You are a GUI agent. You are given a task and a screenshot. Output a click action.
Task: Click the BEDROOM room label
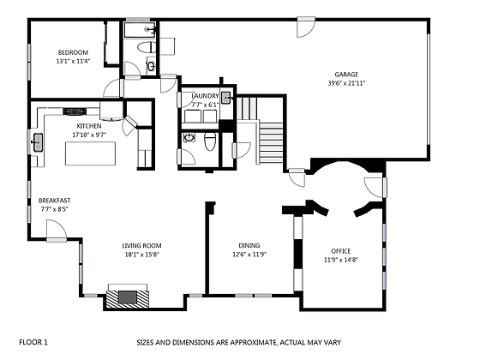point(73,51)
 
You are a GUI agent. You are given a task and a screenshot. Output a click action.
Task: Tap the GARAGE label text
point(347,74)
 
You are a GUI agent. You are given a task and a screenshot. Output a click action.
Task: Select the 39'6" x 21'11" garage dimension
point(347,83)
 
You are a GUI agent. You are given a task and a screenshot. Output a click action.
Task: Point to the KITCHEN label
point(89,125)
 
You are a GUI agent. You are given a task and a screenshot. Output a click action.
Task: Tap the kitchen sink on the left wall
point(38,142)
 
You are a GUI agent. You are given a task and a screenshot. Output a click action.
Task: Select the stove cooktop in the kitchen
point(74,111)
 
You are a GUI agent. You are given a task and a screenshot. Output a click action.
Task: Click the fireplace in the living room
point(126,297)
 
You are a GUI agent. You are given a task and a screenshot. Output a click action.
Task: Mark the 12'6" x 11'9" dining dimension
point(250,254)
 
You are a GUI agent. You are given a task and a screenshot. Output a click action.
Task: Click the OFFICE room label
point(341,250)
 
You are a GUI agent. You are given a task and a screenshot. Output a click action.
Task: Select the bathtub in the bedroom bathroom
point(136,31)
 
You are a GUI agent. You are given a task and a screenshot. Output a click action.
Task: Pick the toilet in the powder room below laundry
point(189,137)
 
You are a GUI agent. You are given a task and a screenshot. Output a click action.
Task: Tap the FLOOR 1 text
point(33,342)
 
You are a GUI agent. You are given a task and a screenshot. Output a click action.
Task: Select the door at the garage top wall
point(304,27)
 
